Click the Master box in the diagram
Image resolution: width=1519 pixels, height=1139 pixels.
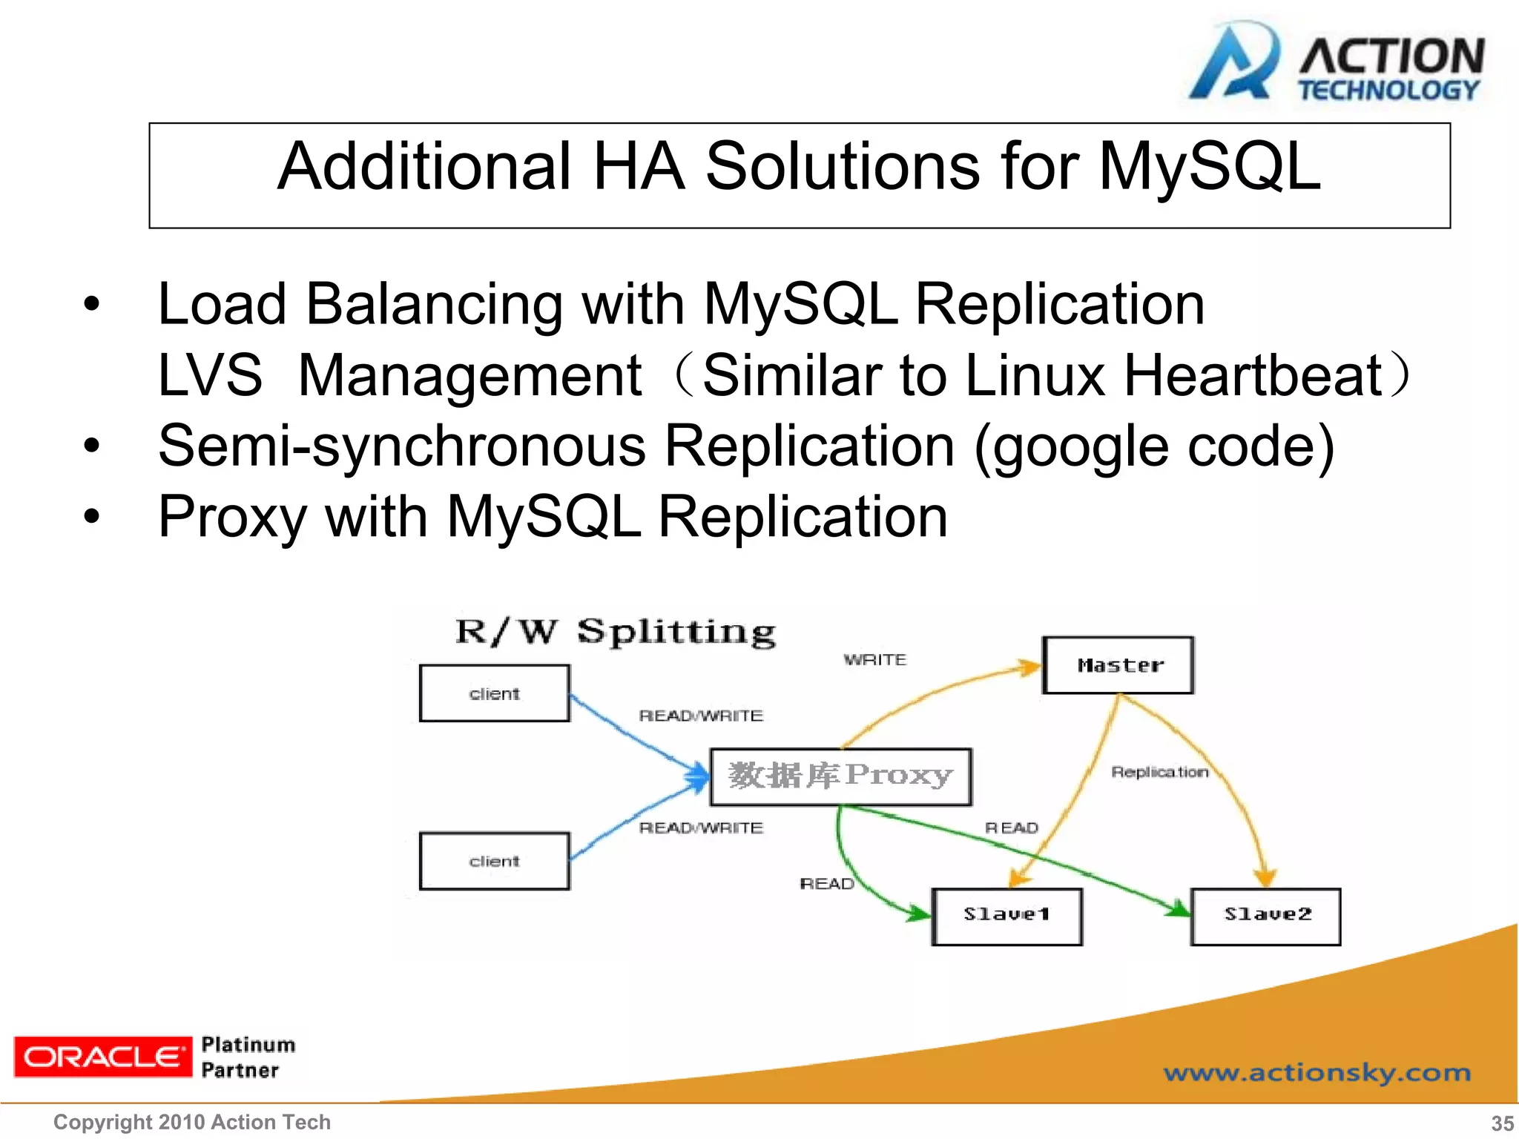click(x=1118, y=665)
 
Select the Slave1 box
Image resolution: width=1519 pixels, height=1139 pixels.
click(x=1006, y=916)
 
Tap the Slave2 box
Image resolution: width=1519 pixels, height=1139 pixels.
click(x=1266, y=916)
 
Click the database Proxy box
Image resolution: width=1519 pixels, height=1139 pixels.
click(x=840, y=776)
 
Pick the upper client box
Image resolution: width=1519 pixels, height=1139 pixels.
click(x=495, y=693)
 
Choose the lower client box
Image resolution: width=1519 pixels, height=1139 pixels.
click(x=495, y=861)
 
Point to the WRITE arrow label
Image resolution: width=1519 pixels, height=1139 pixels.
click(x=875, y=659)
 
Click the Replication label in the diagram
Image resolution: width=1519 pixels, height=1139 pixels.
click(x=1159, y=772)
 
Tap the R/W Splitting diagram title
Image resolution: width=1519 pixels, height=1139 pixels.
click(x=616, y=633)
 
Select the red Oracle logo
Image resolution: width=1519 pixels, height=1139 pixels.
click(x=102, y=1057)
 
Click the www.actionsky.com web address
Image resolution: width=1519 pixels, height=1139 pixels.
click(x=1317, y=1072)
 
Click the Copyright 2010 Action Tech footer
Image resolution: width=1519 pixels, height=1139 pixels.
click(x=192, y=1122)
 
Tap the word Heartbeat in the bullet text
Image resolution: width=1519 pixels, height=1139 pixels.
click(x=1253, y=375)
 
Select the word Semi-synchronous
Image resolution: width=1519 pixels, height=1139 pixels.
click(x=402, y=446)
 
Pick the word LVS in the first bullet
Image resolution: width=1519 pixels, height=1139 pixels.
click(x=210, y=375)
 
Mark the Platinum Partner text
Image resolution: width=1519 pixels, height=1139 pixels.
click(x=248, y=1057)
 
